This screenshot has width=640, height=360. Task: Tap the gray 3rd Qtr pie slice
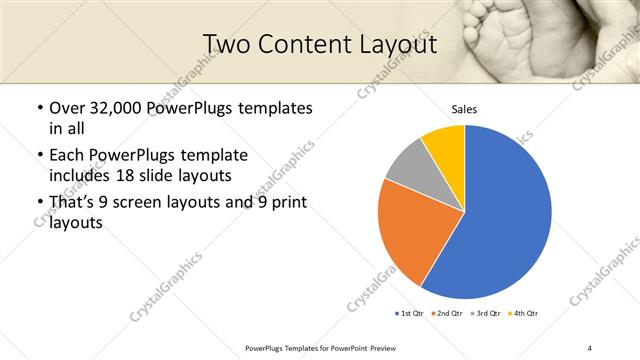pyautogui.click(x=408, y=166)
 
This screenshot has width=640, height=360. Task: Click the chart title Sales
pyautogui.click(x=464, y=108)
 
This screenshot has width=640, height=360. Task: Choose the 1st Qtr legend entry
pyautogui.click(x=410, y=314)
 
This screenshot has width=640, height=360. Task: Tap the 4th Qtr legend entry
pyautogui.click(x=522, y=314)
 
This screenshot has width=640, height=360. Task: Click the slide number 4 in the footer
pyautogui.click(x=589, y=347)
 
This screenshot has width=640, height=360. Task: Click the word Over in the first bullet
pyautogui.click(x=67, y=108)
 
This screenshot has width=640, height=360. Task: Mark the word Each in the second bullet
pyautogui.click(x=67, y=155)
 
